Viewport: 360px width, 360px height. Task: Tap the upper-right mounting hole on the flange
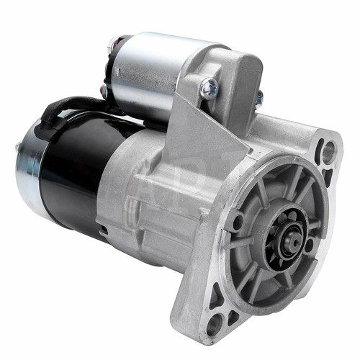tap(328, 151)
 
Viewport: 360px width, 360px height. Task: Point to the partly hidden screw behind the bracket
tap(258, 96)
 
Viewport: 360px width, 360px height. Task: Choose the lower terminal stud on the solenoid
tap(104, 91)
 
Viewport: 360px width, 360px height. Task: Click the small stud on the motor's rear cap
tap(17, 148)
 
